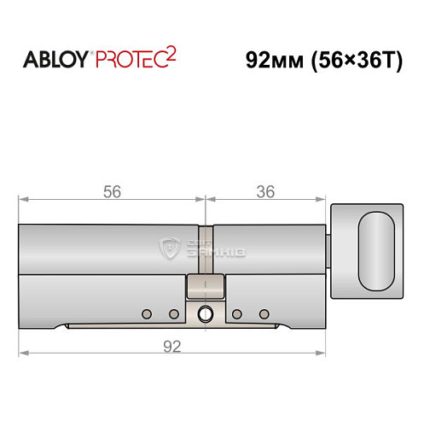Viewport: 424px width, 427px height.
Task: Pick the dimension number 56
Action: coord(111,192)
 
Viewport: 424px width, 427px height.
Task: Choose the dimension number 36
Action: coord(265,192)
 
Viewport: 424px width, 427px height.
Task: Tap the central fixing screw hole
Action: coord(205,313)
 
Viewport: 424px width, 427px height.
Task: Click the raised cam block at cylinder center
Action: coord(205,288)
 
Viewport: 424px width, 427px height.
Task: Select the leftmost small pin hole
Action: coord(146,313)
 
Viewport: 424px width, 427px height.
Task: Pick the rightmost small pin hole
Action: coord(264,313)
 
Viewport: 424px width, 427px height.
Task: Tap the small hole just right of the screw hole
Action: coord(237,313)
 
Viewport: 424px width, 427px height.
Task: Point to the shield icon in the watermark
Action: coord(167,249)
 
